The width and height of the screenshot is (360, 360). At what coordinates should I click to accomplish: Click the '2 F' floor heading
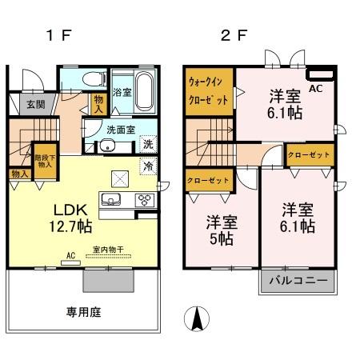[x=229, y=37]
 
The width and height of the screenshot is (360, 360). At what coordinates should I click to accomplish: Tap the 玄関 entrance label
[x=36, y=104]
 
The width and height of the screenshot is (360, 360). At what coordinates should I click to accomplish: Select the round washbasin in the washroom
[x=106, y=146]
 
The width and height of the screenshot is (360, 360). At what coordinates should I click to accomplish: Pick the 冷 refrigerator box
[x=148, y=166]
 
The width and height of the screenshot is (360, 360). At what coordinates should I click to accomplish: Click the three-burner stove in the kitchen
[x=146, y=200]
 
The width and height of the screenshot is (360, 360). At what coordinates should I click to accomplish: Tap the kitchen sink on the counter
[x=112, y=200]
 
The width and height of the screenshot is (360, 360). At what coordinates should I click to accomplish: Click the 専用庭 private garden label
[x=83, y=310]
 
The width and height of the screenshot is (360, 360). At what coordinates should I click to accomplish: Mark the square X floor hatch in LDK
[x=119, y=178]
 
